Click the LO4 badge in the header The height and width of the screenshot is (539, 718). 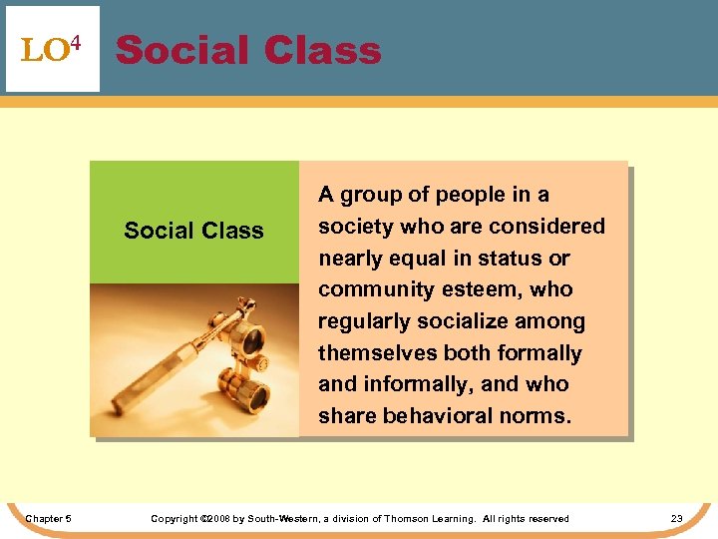pyautogui.click(x=52, y=49)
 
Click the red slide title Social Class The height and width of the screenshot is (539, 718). pyautogui.click(x=248, y=50)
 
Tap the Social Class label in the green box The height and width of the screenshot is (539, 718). pyautogui.click(x=193, y=231)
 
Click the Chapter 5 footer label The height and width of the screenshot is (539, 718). pyautogui.click(x=48, y=518)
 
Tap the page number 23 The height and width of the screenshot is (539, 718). pyautogui.click(x=676, y=518)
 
